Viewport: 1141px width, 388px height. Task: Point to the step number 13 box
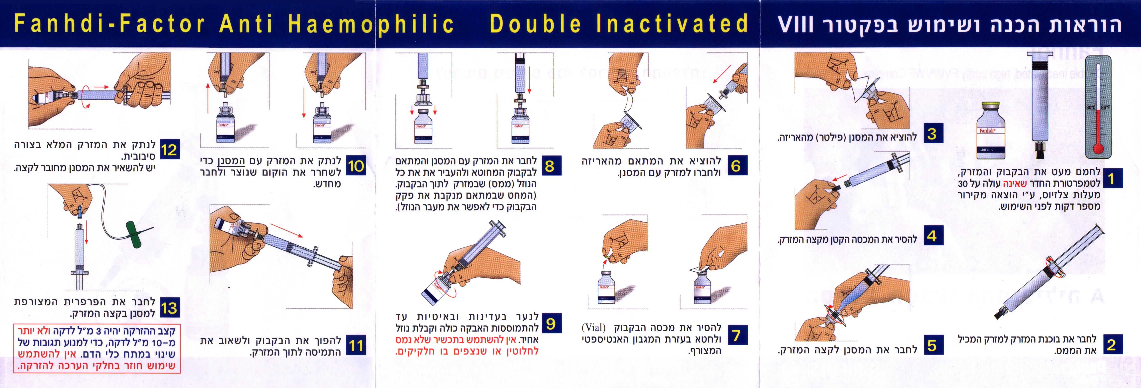coord(169,308)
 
